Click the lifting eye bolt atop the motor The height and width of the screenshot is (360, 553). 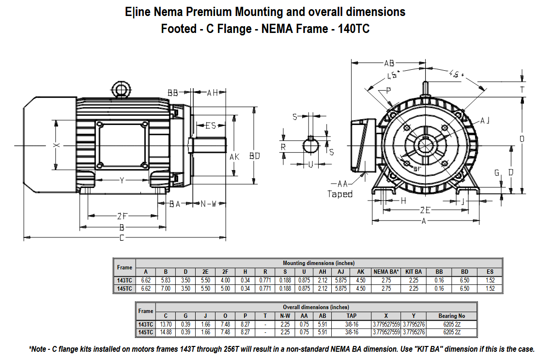click(x=119, y=90)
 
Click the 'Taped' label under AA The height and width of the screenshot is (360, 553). click(x=340, y=194)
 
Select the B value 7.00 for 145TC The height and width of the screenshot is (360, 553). click(x=166, y=289)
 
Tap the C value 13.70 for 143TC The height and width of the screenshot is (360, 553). click(x=166, y=324)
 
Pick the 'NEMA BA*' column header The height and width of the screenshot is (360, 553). click(x=386, y=272)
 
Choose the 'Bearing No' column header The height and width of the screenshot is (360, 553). click(x=451, y=315)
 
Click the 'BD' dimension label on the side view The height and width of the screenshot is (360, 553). click(x=254, y=156)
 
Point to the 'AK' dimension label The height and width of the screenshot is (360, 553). click(x=234, y=157)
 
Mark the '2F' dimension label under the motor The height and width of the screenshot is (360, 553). click(x=123, y=216)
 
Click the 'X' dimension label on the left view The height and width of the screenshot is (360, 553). click(x=56, y=145)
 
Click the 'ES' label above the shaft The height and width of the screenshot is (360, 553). click(x=210, y=125)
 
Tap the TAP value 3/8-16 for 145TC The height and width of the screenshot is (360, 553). click(x=352, y=332)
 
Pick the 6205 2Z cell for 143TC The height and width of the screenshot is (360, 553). click(x=451, y=324)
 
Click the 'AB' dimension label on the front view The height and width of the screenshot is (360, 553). click(x=389, y=63)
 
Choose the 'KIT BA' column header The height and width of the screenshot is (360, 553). click(x=414, y=272)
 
